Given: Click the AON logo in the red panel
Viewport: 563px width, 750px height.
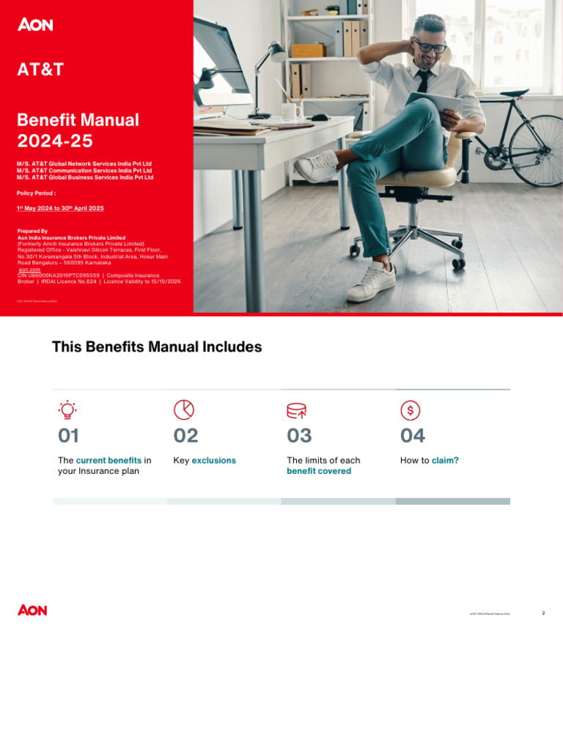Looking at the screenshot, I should point(35,25).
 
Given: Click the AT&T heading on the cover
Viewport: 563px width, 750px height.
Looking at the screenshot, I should point(40,70).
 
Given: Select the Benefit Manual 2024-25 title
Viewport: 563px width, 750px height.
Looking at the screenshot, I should point(78,130).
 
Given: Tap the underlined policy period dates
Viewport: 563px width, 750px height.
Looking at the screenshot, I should point(60,208).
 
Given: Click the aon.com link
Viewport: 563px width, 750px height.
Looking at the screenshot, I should point(29,270).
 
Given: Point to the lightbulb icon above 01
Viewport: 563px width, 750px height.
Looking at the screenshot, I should point(67,409).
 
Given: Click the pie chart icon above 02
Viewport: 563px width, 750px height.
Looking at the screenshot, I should point(183,409).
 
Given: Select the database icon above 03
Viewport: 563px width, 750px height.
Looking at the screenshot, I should point(296,409).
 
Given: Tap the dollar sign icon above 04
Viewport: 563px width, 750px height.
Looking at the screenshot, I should point(411,409).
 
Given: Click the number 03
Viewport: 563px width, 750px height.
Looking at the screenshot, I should point(299,436).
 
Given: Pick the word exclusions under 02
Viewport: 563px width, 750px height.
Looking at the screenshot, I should point(214,461).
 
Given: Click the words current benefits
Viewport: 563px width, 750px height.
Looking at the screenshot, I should point(108,461).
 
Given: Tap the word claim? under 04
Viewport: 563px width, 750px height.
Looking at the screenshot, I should point(445,461).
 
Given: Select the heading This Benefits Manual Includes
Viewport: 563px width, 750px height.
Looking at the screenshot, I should point(157,347).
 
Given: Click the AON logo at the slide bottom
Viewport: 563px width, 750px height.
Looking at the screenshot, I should point(32,610).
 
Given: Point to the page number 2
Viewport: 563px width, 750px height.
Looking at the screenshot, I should point(543,613).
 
